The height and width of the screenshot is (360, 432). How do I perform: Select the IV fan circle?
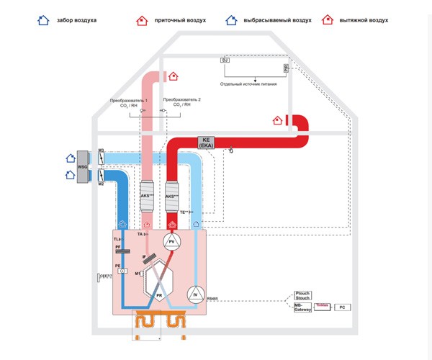click(x=195, y=294)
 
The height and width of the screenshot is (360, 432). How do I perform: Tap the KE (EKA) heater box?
click(x=207, y=143)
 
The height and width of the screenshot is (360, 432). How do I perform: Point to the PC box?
click(x=344, y=307)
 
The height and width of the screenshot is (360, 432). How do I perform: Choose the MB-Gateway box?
click(x=302, y=307)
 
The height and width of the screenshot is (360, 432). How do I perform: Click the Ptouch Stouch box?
click(x=302, y=296)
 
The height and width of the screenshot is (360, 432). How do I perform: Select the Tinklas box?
click(x=322, y=306)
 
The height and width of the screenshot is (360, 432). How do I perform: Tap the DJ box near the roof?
click(x=225, y=60)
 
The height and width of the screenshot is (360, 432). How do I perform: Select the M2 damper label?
click(x=102, y=184)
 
